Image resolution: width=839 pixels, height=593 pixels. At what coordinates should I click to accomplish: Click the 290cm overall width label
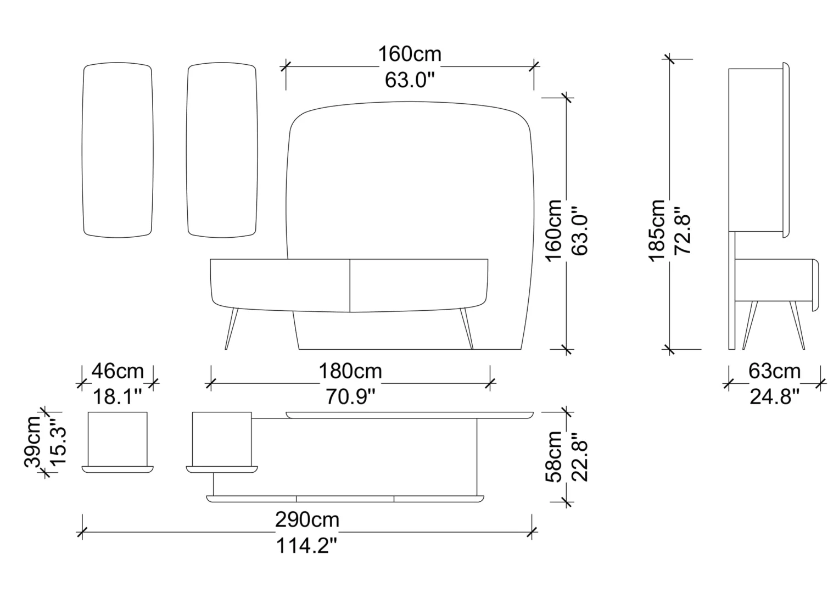307,519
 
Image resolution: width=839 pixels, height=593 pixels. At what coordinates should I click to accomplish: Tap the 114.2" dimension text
307,545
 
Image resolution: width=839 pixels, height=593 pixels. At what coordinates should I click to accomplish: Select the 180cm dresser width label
350,371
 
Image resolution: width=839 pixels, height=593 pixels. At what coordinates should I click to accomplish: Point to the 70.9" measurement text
350,397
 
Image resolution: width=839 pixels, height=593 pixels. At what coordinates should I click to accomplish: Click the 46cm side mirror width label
118,371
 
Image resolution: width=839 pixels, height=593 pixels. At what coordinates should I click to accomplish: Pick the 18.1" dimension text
118,397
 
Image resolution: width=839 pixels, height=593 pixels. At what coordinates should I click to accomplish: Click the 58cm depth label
554,457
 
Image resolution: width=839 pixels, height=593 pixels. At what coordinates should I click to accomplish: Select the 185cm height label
656,231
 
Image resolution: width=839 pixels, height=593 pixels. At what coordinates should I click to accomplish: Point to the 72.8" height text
683,234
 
